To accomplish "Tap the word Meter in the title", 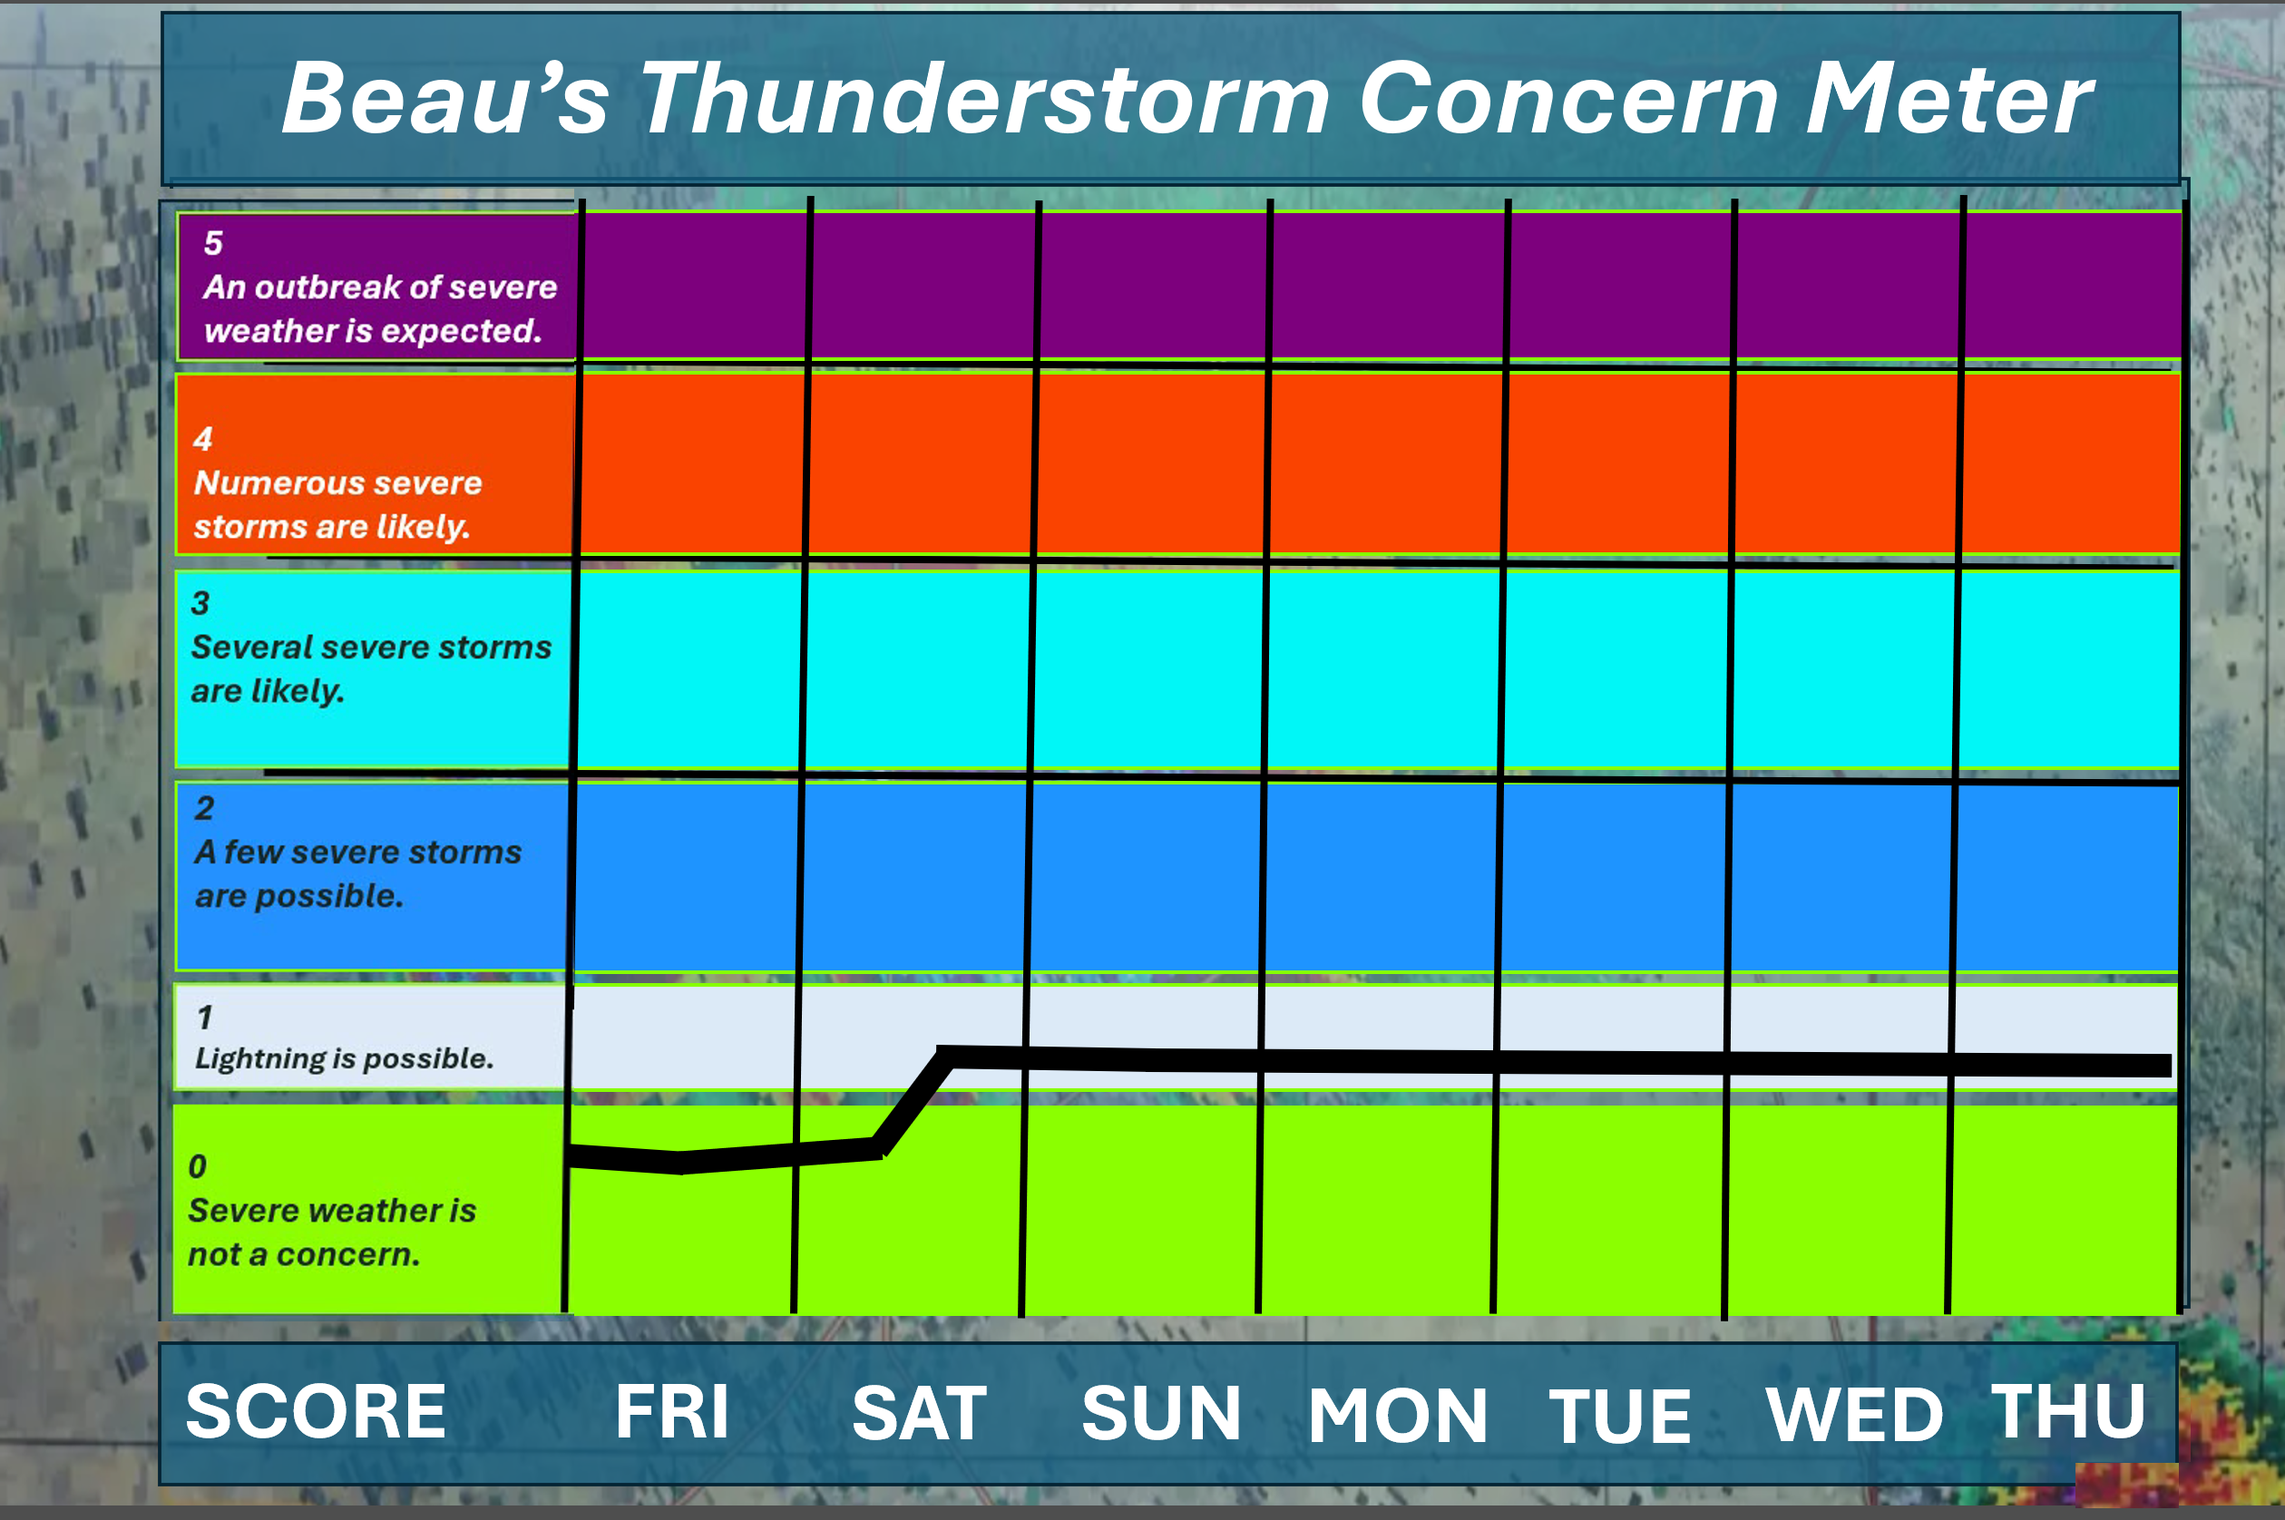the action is [x=1949, y=98].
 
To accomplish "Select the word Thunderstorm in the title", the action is [x=985, y=98].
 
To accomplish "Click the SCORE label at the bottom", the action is [x=316, y=1411].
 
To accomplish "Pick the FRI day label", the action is [x=672, y=1411].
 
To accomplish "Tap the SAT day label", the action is [x=919, y=1413].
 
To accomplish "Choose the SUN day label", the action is [x=1160, y=1413].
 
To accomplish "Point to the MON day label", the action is [x=1397, y=1416].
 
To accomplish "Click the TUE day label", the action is [x=1620, y=1416].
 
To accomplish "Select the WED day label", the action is [x=1854, y=1414].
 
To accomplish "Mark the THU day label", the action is [x=2068, y=1410].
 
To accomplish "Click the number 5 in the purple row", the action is [x=213, y=242].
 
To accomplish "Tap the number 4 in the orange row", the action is [x=202, y=438].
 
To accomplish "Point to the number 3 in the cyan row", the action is [x=200, y=603].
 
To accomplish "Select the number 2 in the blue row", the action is [x=203, y=807].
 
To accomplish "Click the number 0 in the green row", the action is [x=197, y=1165].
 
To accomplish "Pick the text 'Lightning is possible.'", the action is [x=344, y=1058].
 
